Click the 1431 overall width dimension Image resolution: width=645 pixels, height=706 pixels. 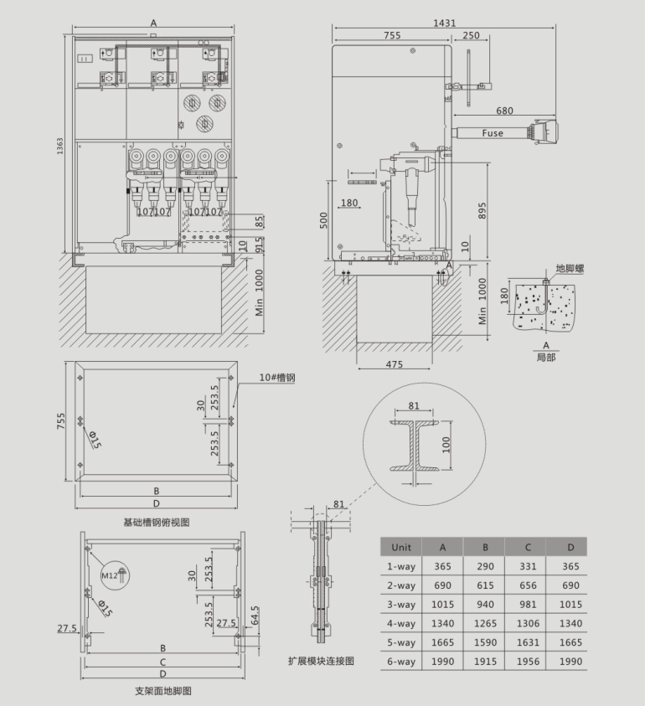(444, 23)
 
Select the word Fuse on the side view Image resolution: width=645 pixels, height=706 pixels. (493, 133)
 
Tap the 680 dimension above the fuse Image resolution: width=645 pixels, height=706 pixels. (504, 111)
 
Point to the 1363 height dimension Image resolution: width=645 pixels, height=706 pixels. (60, 146)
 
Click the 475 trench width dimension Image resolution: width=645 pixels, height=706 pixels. (394, 364)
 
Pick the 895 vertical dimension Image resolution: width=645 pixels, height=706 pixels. (482, 211)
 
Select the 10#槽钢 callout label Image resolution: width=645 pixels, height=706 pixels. (277, 378)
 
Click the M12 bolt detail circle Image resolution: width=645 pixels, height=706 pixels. (115, 575)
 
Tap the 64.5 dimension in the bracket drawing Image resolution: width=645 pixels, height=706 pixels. (255, 616)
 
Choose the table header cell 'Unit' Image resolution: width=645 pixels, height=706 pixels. (401, 547)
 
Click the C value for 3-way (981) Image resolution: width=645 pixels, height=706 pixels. (528, 604)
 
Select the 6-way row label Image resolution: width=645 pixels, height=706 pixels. (401, 662)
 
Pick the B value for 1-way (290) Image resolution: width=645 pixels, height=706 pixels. (485, 566)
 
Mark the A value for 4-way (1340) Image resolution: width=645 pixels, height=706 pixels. (442, 623)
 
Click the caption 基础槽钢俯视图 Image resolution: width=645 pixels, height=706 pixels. (157, 523)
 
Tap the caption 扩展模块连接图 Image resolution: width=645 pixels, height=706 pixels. (321, 661)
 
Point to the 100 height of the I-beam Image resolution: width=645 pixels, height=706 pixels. (446, 445)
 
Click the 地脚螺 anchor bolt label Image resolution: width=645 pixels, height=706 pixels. (570, 269)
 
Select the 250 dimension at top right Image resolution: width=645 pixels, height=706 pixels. (471, 35)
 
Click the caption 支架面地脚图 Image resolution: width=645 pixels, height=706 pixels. (163, 691)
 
